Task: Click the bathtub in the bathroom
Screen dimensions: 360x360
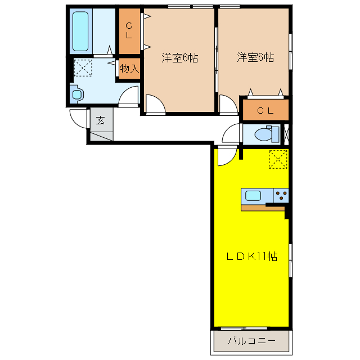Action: (80, 31)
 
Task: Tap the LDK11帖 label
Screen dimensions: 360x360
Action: (252, 256)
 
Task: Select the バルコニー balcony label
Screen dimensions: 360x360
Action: (252, 341)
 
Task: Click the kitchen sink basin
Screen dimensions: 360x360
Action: (253, 196)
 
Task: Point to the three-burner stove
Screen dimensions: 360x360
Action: (281, 196)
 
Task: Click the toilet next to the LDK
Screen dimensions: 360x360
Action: (267, 134)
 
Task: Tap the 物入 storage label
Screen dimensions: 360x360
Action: (129, 68)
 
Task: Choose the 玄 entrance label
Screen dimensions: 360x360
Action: (100, 120)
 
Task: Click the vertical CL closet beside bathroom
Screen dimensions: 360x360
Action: (129, 31)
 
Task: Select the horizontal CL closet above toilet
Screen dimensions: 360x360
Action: (265, 110)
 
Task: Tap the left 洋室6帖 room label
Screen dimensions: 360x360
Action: (180, 57)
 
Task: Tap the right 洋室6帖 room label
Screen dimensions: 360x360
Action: (255, 57)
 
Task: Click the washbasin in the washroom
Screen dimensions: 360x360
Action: (76, 94)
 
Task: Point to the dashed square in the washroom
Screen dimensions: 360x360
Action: (83, 67)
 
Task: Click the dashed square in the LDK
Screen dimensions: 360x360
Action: (278, 159)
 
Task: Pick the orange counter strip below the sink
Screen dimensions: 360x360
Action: (263, 208)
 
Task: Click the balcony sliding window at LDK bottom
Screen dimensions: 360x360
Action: (244, 328)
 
